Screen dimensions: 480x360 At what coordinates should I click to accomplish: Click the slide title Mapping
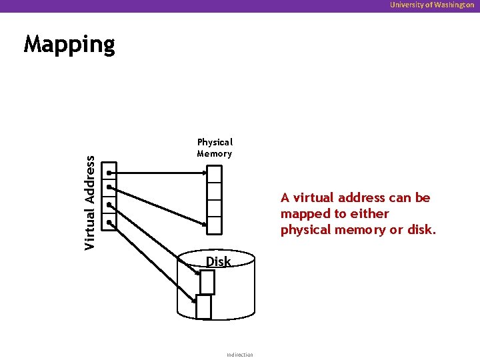point(69,45)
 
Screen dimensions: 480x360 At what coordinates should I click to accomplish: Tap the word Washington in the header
point(453,5)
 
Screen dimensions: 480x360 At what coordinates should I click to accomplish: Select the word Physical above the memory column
point(215,142)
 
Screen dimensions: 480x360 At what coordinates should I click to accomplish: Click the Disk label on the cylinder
point(218,262)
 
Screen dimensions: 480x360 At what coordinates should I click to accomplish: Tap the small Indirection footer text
point(240,355)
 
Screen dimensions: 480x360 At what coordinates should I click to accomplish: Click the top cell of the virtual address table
point(110,171)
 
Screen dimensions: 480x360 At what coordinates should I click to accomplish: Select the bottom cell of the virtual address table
point(110,223)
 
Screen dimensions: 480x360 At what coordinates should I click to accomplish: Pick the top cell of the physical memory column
point(214,174)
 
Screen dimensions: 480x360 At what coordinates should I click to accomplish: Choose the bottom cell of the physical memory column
point(214,225)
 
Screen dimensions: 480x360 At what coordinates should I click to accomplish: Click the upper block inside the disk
point(207,282)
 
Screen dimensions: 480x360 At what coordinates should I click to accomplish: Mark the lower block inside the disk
point(204,307)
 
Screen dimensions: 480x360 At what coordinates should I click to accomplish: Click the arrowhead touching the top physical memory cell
point(203,172)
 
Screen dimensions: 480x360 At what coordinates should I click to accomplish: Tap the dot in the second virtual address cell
point(109,188)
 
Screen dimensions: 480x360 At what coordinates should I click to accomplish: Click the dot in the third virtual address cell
point(109,206)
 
